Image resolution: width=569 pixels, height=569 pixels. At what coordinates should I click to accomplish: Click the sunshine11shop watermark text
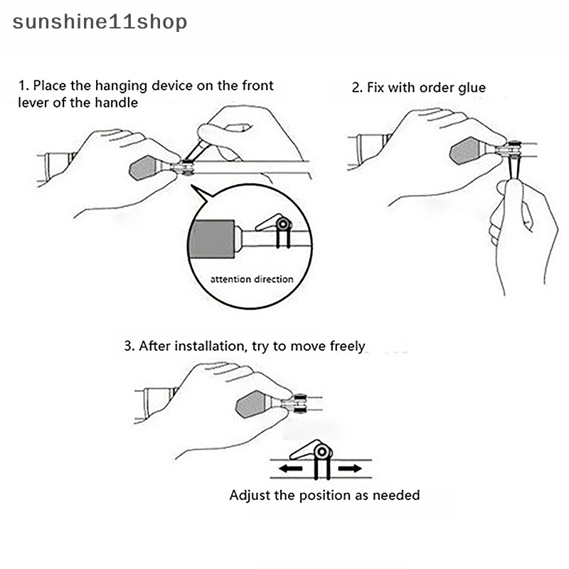(x=100, y=22)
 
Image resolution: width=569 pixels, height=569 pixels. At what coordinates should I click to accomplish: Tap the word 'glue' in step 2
(x=471, y=88)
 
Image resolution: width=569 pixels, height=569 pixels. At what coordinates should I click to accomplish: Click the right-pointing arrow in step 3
(x=348, y=469)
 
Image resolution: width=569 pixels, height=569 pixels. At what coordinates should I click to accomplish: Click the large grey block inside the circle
(x=213, y=238)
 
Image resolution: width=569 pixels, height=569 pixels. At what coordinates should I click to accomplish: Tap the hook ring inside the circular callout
(x=284, y=225)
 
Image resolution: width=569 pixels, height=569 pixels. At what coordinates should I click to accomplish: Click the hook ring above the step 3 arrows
(x=321, y=452)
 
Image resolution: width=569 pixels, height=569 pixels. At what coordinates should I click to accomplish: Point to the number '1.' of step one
(x=23, y=86)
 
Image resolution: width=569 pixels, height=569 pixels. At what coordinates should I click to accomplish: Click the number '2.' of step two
(x=358, y=88)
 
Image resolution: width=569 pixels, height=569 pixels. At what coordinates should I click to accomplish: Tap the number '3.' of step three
(x=129, y=346)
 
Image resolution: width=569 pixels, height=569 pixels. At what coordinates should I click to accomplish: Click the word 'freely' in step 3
(x=348, y=346)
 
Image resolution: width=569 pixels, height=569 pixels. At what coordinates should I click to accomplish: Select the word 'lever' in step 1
(x=32, y=102)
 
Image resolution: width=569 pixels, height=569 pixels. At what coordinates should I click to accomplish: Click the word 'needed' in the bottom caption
(x=397, y=495)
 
